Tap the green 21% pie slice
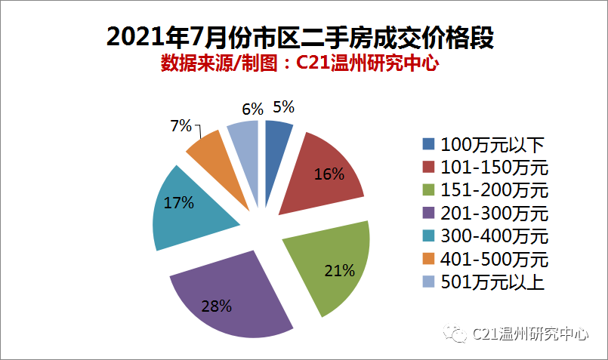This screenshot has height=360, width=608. [329, 272]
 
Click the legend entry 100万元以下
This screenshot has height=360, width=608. [483, 144]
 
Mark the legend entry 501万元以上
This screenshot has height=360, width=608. [483, 282]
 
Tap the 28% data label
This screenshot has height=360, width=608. [217, 306]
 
